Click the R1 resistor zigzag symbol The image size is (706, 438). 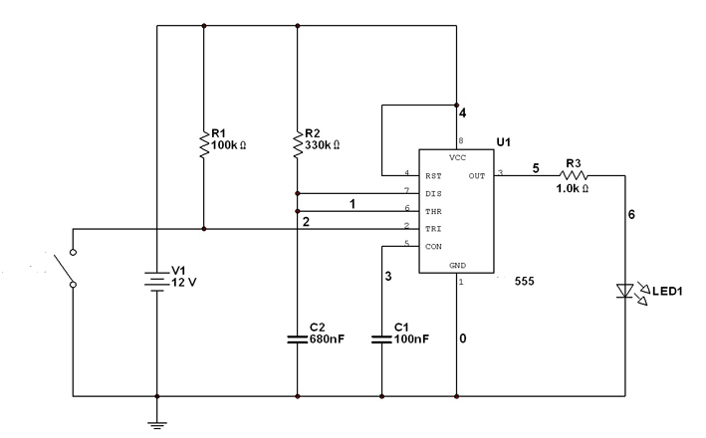(x=204, y=144)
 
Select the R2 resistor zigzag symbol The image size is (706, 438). (x=297, y=144)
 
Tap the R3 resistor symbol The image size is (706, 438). (x=574, y=175)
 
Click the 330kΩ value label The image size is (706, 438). (x=322, y=145)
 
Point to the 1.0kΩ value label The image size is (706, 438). (x=572, y=188)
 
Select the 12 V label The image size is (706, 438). (x=183, y=283)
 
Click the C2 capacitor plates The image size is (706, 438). (x=297, y=339)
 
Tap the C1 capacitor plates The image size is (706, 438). (x=381, y=339)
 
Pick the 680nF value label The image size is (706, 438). (x=327, y=339)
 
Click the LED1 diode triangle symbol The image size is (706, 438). (x=625, y=291)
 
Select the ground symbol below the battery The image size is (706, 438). (x=156, y=425)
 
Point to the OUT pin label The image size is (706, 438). (x=477, y=176)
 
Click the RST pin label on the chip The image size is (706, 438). (x=433, y=176)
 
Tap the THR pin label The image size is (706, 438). (x=433, y=212)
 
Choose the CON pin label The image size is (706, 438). (x=433, y=247)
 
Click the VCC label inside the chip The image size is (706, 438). (x=457, y=158)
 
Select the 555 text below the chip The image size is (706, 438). (x=525, y=282)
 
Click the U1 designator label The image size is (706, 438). (x=504, y=142)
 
